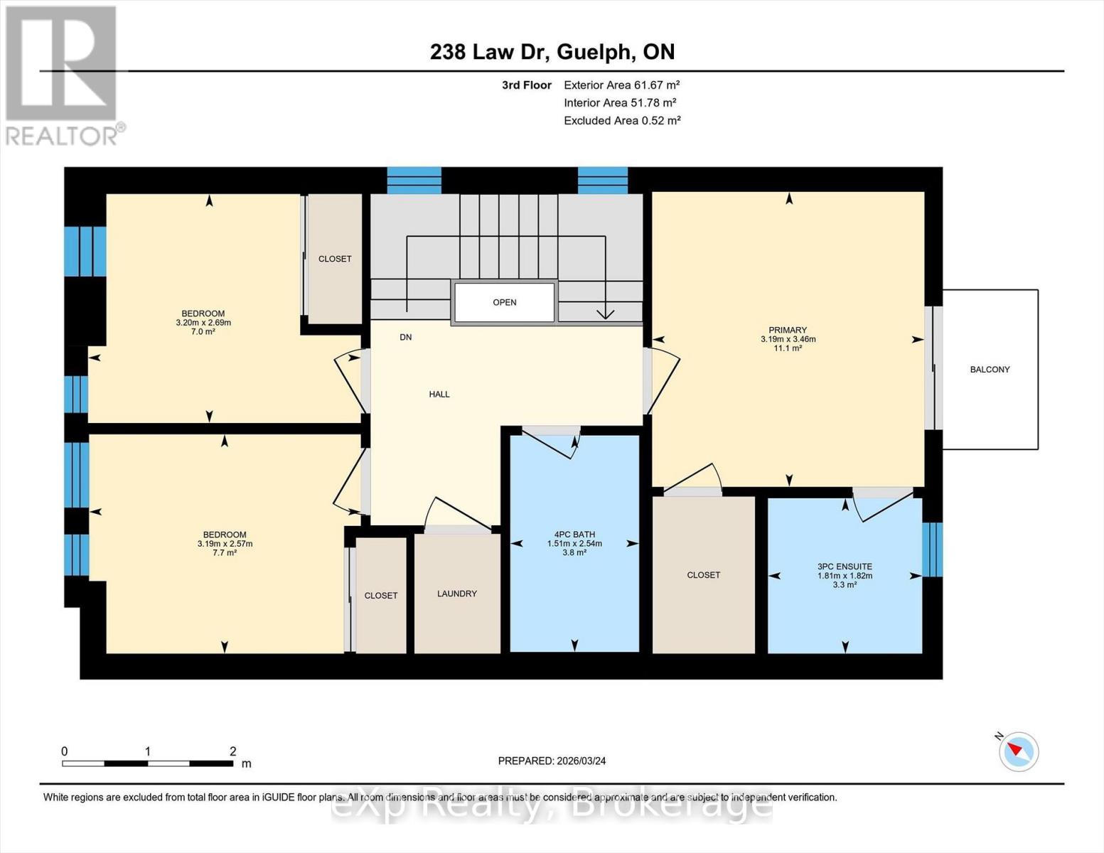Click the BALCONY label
click(990, 370)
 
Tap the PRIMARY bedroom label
click(788, 330)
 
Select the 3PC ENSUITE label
click(845, 567)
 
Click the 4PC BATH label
click(574, 535)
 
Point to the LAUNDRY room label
click(457, 594)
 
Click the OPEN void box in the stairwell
click(504, 302)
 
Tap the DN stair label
click(405, 337)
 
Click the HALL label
click(439, 394)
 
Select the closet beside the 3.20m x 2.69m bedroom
click(335, 259)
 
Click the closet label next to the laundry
click(381, 596)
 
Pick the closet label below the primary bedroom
click(703, 575)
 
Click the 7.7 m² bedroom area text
click(225, 553)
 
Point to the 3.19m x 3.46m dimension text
click(788, 340)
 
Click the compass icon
click(1019, 751)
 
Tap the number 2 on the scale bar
click(232, 751)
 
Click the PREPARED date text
click(552, 761)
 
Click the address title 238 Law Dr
click(552, 52)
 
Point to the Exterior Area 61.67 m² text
click(622, 85)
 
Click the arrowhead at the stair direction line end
click(605, 313)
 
